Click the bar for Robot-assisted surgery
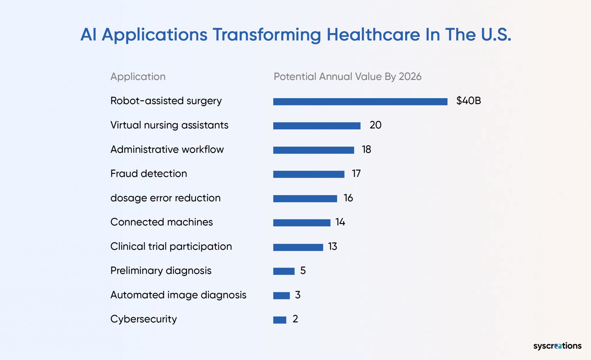coord(360,102)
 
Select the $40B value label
coord(468,101)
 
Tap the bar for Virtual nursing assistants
coord(317,126)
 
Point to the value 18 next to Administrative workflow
coord(366,150)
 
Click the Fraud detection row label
coord(149,174)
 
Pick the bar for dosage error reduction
coord(305,199)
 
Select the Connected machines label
coord(162,222)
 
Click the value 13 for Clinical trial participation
coord(332,247)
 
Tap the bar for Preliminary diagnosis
coord(284,271)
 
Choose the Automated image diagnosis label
coord(178,295)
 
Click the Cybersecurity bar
coord(280,320)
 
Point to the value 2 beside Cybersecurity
coord(295,319)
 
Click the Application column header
coord(138,77)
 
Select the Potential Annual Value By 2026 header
coord(347,77)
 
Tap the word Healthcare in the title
coord(373,35)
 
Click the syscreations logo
coord(557,346)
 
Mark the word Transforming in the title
coord(267,35)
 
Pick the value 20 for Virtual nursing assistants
coord(375,125)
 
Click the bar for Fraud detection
coord(309,174)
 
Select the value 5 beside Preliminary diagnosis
coord(303,271)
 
